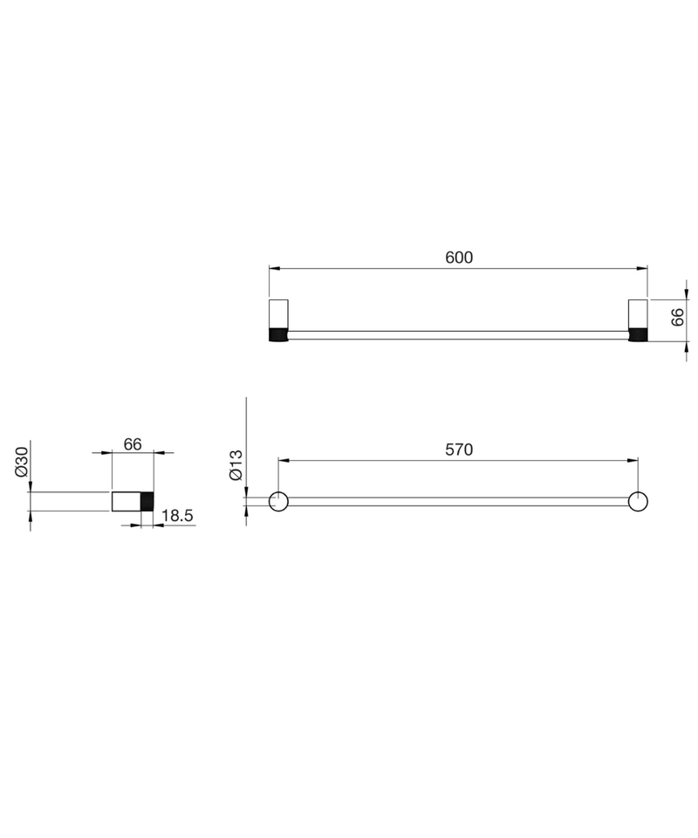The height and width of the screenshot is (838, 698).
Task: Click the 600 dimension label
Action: pyautogui.click(x=459, y=258)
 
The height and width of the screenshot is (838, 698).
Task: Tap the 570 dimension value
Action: pyautogui.click(x=459, y=450)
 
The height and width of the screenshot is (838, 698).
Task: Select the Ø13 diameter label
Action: pyautogui.click(x=236, y=464)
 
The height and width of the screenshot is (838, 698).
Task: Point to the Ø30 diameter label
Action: pyautogui.click(x=21, y=462)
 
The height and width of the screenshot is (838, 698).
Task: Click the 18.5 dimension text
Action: pyautogui.click(x=177, y=516)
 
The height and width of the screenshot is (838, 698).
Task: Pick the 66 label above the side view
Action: pyautogui.click(x=133, y=444)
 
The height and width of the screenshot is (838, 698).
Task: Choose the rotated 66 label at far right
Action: pyautogui.click(x=677, y=317)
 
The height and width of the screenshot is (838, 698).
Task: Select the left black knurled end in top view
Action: pyautogui.click(x=278, y=335)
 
